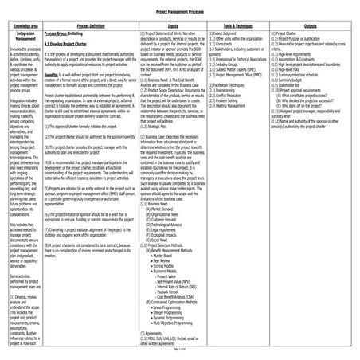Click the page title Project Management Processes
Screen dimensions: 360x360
click(x=180, y=14)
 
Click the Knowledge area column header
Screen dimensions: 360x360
click(x=23, y=26)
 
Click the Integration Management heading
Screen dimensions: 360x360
click(x=23, y=37)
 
